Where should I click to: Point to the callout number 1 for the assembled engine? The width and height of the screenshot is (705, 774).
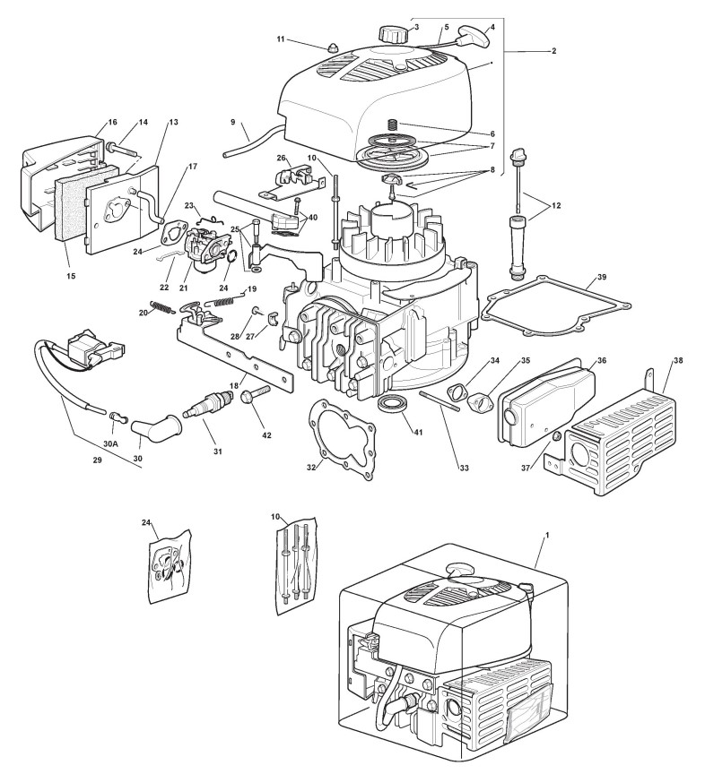547,534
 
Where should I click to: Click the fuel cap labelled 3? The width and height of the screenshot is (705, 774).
393,34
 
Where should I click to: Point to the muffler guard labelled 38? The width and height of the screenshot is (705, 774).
619,430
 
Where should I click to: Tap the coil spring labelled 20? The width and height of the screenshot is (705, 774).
162,310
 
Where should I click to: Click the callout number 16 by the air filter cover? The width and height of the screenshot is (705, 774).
112,122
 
